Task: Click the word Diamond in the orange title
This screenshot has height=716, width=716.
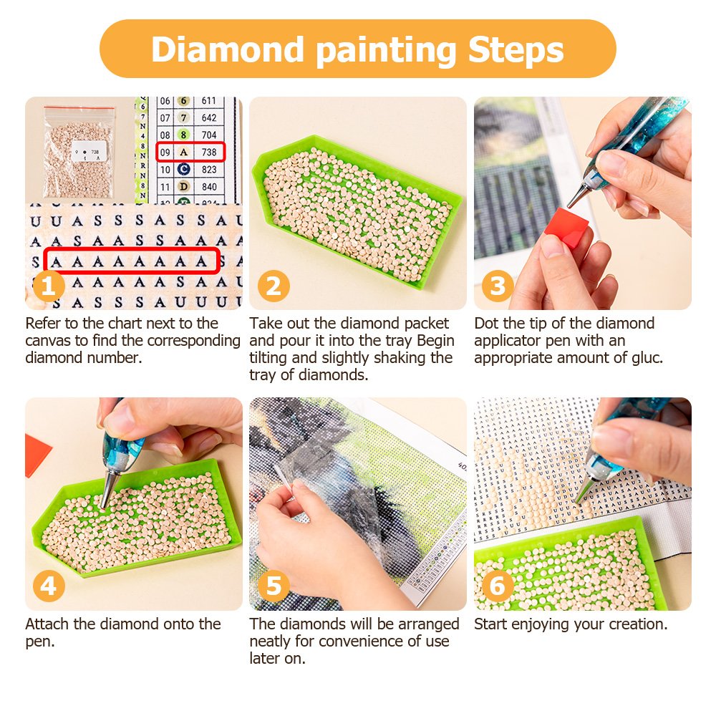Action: [x=228, y=49]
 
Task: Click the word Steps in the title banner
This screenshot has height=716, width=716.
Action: [x=516, y=49]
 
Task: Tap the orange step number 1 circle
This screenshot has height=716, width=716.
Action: [x=49, y=286]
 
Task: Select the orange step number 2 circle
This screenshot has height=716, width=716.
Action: [x=274, y=286]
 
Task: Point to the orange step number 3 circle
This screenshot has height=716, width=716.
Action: [x=498, y=286]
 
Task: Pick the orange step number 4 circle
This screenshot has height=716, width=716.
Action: [x=49, y=586]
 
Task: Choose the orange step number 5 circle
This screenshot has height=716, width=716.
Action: [x=274, y=586]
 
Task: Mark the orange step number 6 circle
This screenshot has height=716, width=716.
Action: [x=498, y=586]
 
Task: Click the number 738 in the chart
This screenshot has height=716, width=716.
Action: [x=209, y=152]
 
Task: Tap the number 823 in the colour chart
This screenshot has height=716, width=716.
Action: [x=209, y=170]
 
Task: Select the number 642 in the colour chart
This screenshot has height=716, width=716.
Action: [x=209, y=118]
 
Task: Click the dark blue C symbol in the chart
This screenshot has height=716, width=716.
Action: [x=183, y=170]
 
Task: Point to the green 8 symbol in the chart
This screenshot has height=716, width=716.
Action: [x=183, y=135]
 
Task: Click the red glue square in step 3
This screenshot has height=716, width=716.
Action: [x=566, y=227]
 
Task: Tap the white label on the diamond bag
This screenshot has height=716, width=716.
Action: [x=89, y=151]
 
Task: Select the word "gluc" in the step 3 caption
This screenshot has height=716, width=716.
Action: [x=647, y=358]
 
